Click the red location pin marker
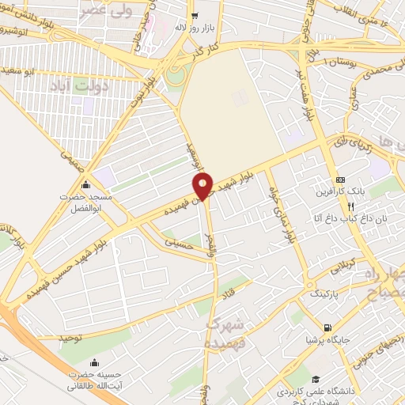coord(203,186)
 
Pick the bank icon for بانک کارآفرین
coord(340,180)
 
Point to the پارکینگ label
coord(321,293)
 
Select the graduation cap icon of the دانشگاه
coord(316,380)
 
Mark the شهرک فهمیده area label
coord(225,333)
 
